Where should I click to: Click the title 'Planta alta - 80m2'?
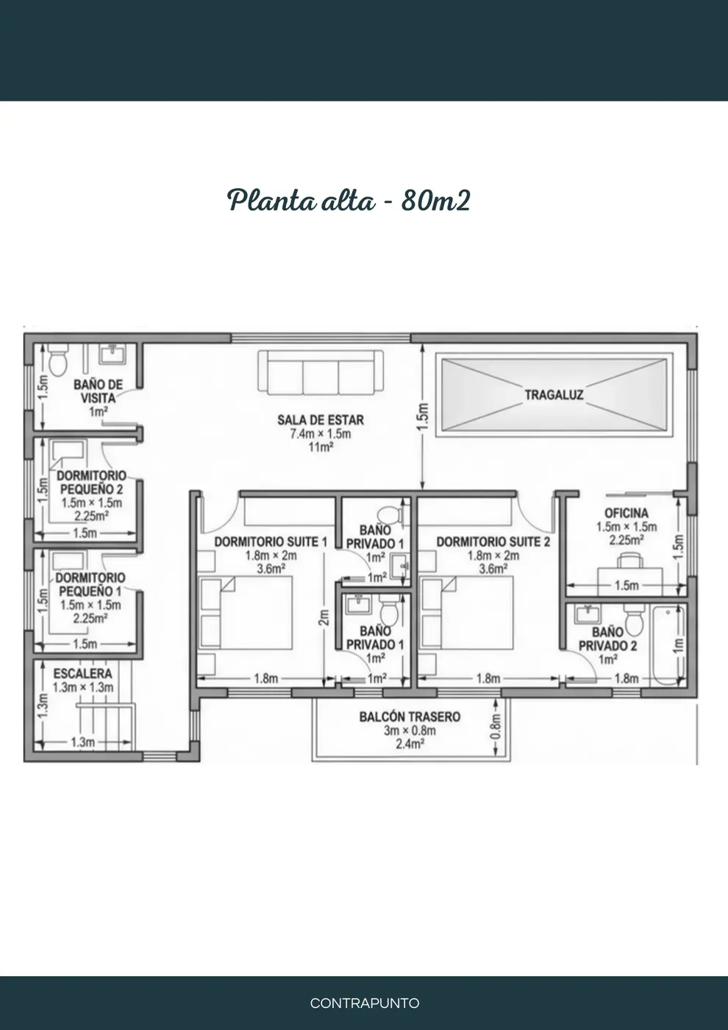tap(349, 201)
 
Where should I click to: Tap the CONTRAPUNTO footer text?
tap(365, 1003)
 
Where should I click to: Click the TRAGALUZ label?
tap(554, 395)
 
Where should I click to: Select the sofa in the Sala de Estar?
tap(321, 372)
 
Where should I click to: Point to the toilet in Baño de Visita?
tap(58, 360)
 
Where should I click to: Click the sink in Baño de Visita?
tap(113, 355)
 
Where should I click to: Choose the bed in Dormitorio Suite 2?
tap(468, 613)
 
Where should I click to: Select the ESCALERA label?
tap(82, 674)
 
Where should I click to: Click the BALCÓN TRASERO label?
tap(410, 717)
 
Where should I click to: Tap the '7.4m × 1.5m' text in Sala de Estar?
tap(321, 433)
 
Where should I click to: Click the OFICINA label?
tap(627, 514)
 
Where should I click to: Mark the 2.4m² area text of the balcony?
tap(410, 744)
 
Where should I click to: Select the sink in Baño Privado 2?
tap(588, 614)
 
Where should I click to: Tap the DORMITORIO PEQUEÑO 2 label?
tap(91, 482)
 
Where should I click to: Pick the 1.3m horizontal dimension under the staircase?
tap(82, 742)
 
